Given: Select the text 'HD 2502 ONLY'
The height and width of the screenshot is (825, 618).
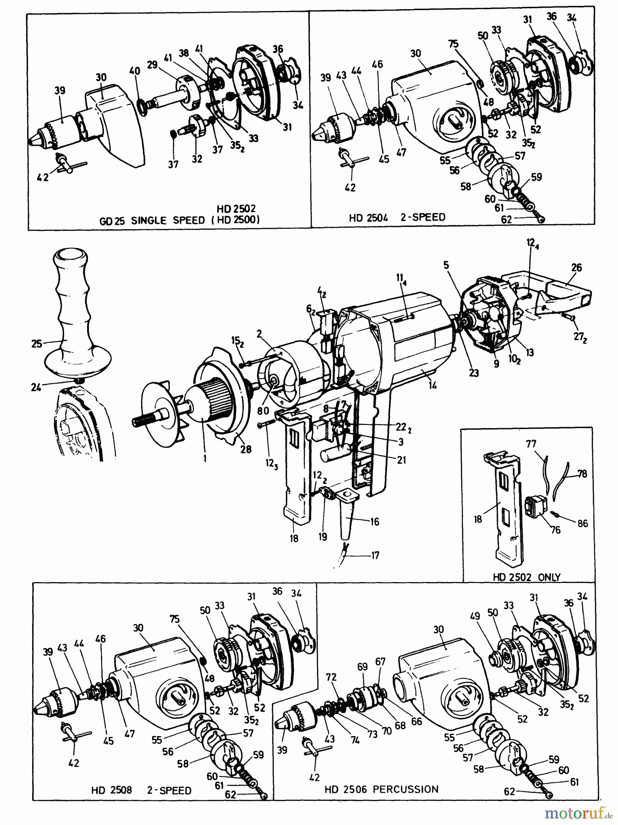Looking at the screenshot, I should (x=526, y=577).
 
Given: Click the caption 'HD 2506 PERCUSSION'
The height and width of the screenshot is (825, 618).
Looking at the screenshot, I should (x=382, y=789).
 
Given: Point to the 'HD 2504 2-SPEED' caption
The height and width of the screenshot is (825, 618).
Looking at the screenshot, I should (x=397, y=217).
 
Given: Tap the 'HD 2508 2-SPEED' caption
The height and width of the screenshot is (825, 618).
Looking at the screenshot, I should (x=141, y=791).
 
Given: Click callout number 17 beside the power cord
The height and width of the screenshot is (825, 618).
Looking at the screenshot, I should (x=375, y=555).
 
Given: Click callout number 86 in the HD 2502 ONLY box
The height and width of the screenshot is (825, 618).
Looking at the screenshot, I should (x=582, y=523).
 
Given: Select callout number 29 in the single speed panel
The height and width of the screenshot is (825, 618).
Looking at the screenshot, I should (x=166, y=66).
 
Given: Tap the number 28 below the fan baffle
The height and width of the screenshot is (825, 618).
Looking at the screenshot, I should (x=246, y=449).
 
